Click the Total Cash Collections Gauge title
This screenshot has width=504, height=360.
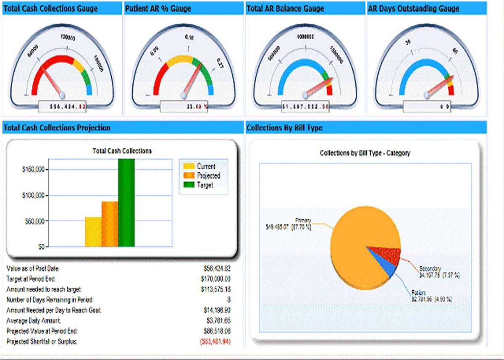(x=50, y=8)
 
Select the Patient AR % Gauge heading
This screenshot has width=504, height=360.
(x=164, y=8)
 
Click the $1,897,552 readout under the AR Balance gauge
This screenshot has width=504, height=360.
(x=305, y=106)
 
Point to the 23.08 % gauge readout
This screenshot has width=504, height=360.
(x=198, y=107)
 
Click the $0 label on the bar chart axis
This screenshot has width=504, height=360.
(x=41, y=247)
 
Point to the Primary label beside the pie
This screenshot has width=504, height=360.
(x=303, y=220)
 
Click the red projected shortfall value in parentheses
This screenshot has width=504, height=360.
(x=215, y=342)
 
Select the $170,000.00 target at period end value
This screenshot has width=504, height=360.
(x=215, y=279)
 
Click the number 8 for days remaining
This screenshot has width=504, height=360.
(x=228, y=300)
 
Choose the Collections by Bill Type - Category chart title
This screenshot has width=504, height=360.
(x=365, y=153)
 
